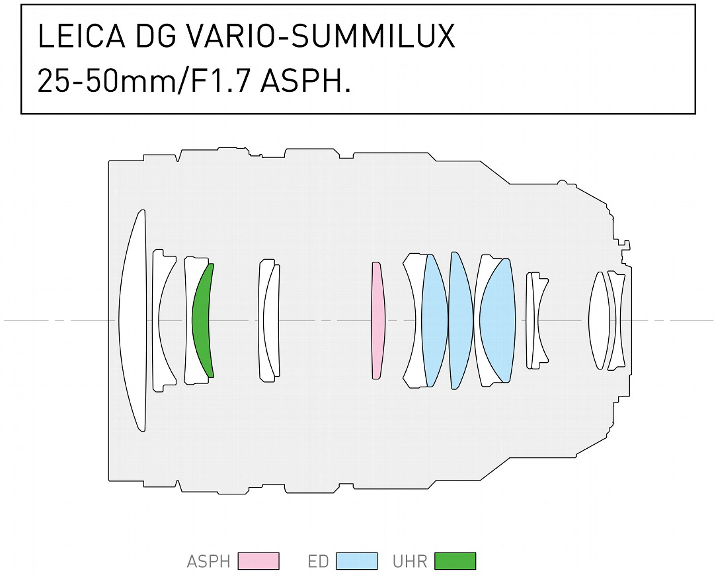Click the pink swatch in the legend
(258, 561)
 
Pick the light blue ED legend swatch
(357, 561)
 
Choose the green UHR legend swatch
(455, 561)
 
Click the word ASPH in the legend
(208, 561)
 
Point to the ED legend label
(318, 561)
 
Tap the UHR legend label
(410, 561)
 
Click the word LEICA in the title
(81, 36)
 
